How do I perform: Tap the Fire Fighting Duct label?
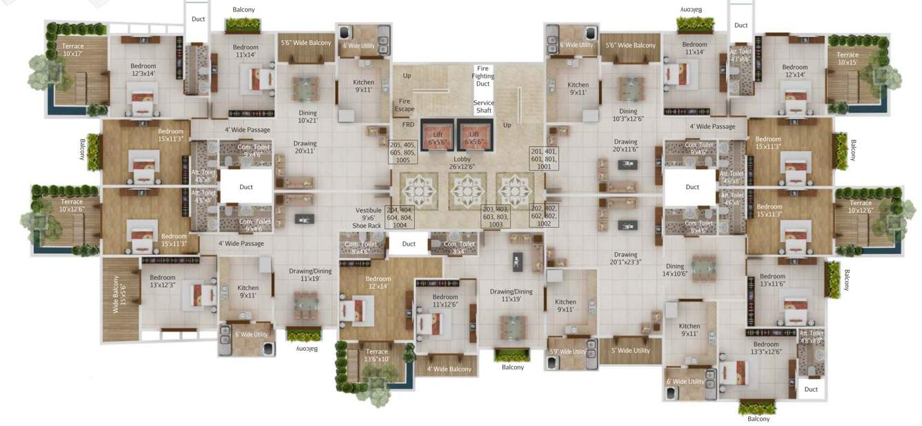tap(483, 76)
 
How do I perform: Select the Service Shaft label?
tap(484, 107)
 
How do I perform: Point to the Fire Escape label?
tap(404, 105)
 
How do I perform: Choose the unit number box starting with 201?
tap(545, 158)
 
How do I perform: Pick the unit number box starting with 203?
tap(495, 217)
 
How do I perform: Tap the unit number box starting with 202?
tap(544, 215)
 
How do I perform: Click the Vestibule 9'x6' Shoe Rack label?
tap(368, 217)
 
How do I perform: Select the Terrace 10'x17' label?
tap(73, 50)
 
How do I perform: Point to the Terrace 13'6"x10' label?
tap(377, 356)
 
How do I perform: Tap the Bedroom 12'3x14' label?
tap(143, 70)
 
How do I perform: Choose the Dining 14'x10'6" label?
tap(674, 270)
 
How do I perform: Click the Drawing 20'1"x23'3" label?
tap(625, 258)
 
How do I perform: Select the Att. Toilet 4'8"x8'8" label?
tap(811, 337)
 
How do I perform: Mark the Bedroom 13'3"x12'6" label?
tap(765, 348)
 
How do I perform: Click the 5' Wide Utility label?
tap(630, 351)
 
